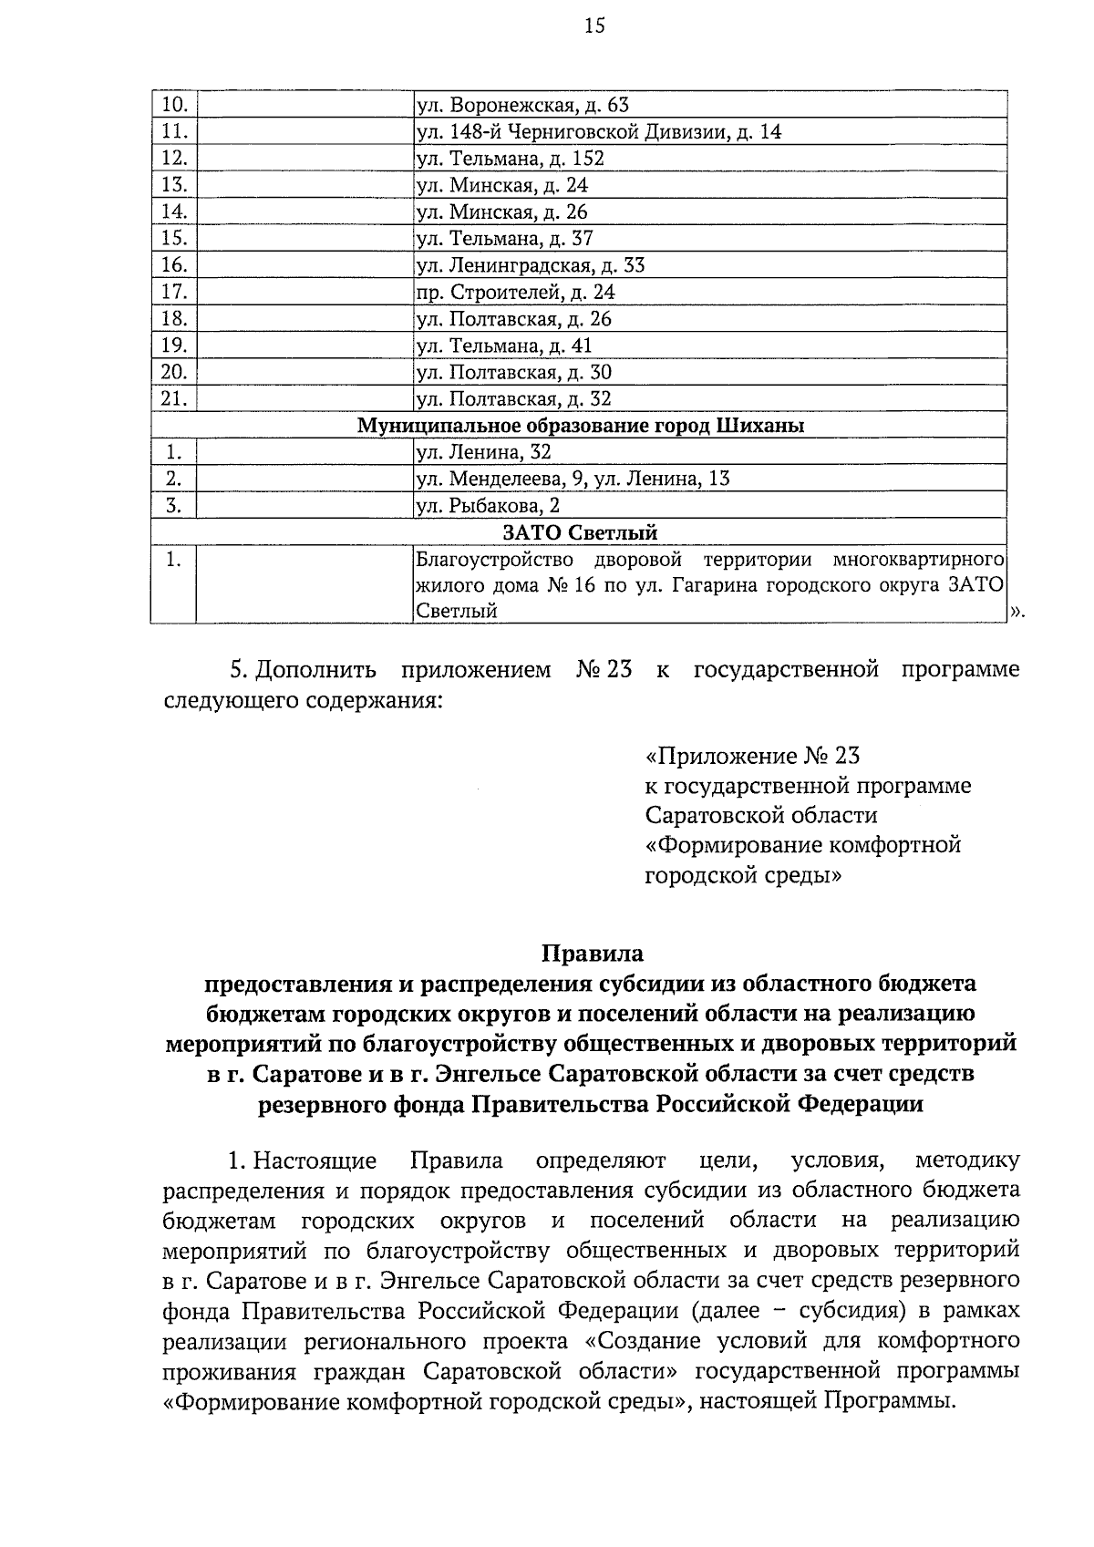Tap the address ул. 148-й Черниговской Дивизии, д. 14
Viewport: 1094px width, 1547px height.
point(598,132)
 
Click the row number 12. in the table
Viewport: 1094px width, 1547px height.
point(173,159)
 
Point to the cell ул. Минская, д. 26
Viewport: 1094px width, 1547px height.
point(501,212)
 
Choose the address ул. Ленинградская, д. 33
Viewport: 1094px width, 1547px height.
point(530,265)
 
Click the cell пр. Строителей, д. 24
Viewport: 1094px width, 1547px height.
point(515,293)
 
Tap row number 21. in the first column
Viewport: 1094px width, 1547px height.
point(173,398)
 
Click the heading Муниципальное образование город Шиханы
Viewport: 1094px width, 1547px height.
point(580,426)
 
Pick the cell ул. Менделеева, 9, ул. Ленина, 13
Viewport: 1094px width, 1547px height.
point(573,479)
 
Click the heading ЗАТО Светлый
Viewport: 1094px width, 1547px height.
point(580,532)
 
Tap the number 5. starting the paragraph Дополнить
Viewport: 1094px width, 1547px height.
point(239,671)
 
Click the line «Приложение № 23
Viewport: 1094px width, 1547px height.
point(752,757)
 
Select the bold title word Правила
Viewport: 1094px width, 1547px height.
point(593,954)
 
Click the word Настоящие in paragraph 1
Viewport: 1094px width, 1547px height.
point(315,1161)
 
